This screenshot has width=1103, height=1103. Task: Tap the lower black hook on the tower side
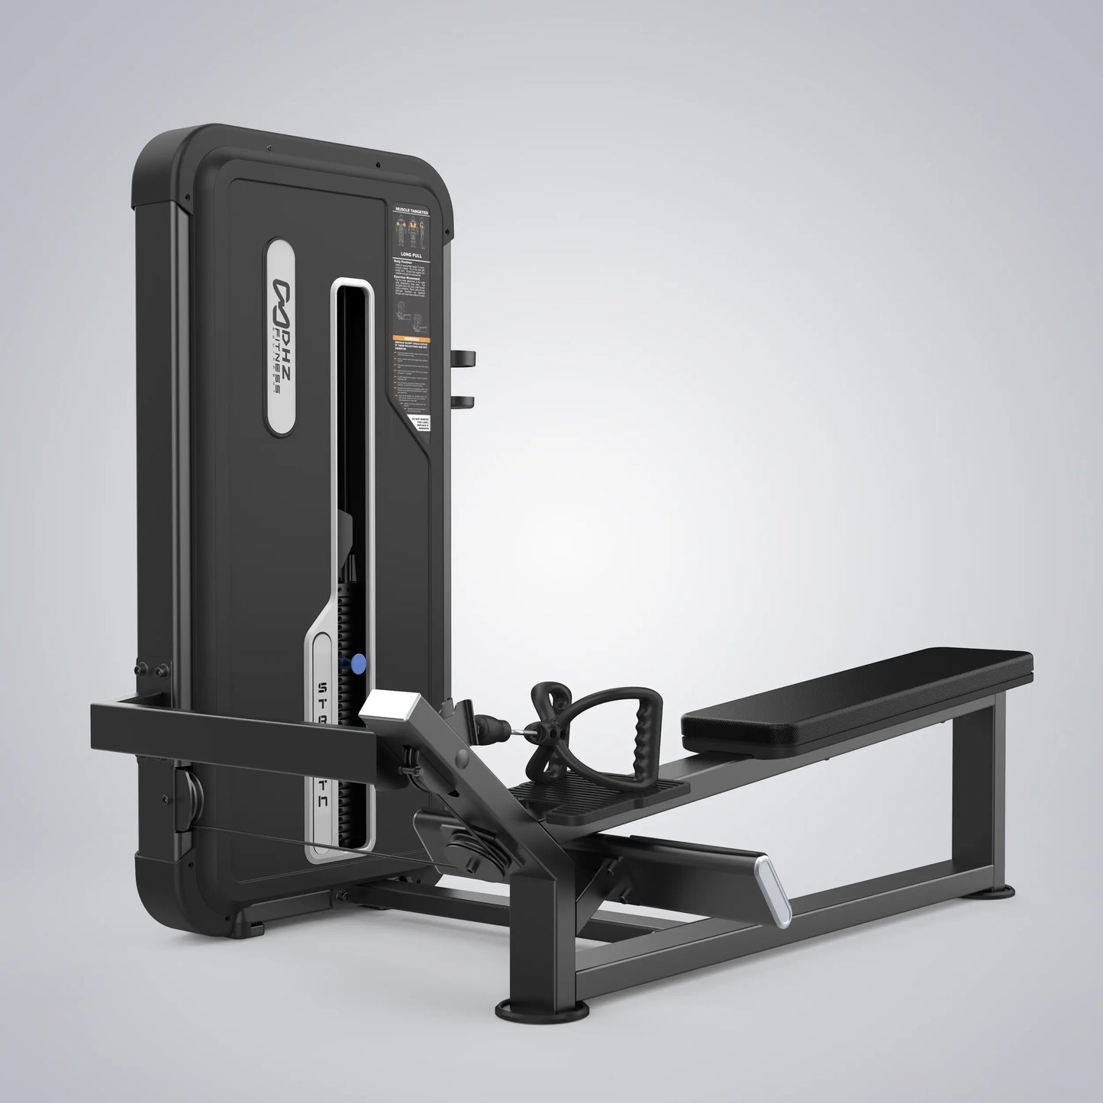click(x=463, y=402)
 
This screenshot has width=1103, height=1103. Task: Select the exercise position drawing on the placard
click(x=410, y=314)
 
